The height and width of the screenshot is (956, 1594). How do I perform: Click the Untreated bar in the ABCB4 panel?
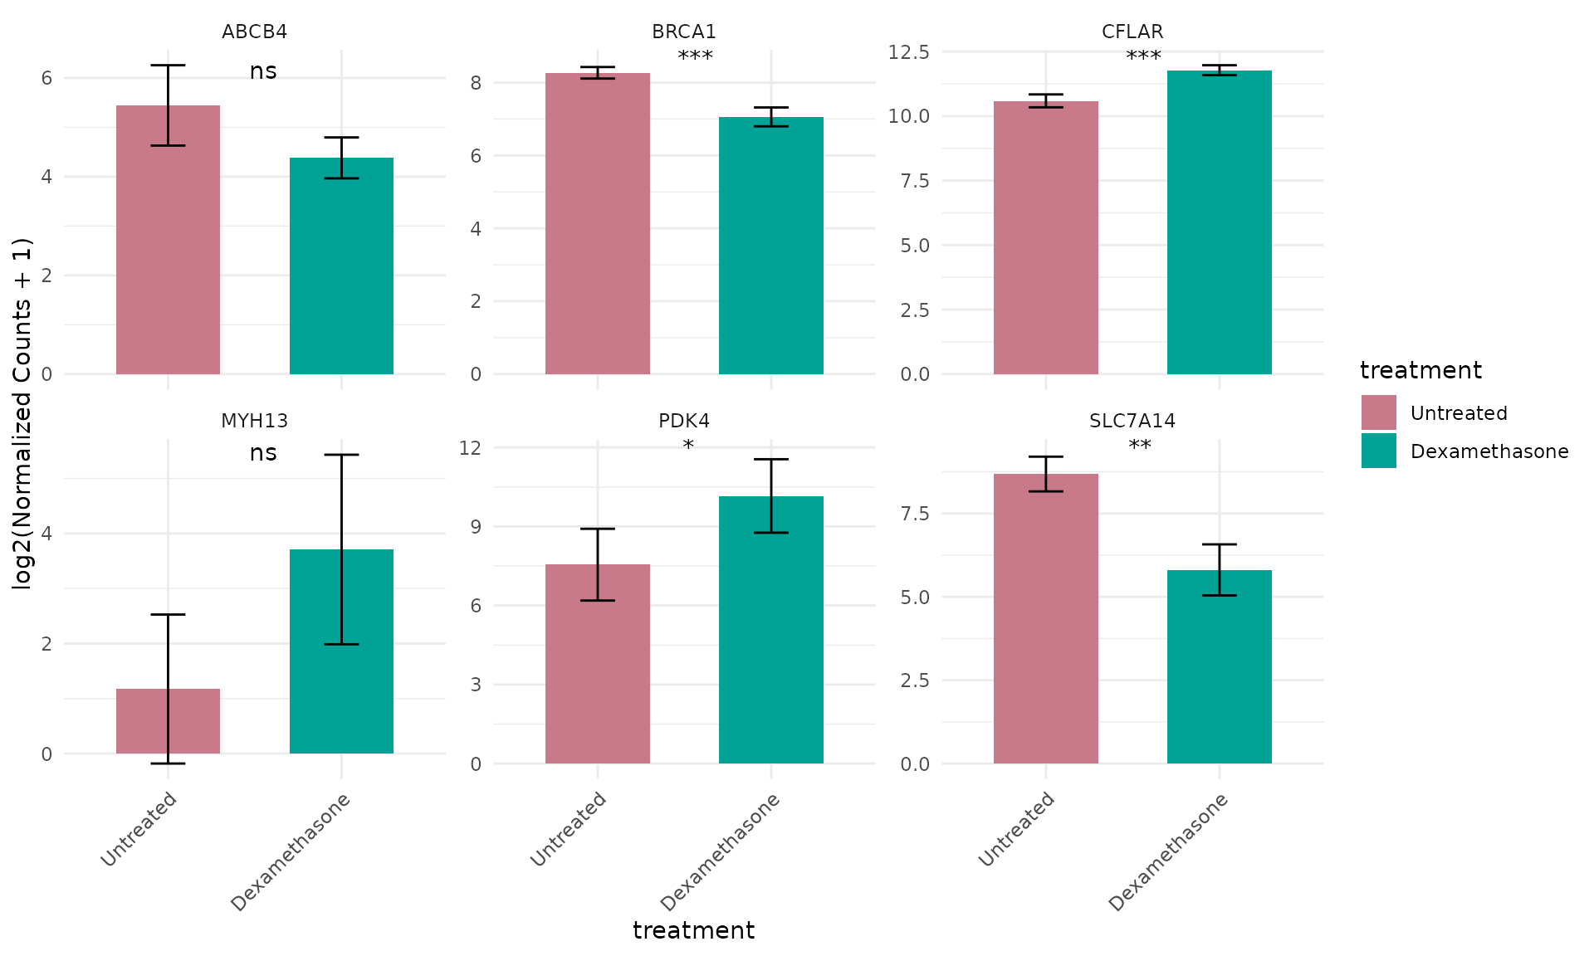168,241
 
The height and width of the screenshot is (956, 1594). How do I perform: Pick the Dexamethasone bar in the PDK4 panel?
770,631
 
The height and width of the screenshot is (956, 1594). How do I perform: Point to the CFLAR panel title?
1132,32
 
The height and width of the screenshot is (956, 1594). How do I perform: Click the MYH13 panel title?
254,421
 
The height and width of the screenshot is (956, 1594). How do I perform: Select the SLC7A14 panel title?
1132,421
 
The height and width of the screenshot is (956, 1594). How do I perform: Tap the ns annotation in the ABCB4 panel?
263,71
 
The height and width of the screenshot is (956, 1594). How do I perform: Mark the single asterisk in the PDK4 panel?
688,446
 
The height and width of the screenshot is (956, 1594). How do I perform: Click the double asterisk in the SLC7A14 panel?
1140,446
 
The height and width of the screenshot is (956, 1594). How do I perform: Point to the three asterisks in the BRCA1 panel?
695,57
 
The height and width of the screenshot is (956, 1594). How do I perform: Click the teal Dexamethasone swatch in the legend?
1378,451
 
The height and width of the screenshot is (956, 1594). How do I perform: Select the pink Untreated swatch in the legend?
1378,412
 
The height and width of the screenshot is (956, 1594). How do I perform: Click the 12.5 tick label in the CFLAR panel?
908,52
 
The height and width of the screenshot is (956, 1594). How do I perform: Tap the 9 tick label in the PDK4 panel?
475,526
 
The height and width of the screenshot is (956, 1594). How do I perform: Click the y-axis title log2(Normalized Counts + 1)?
22,413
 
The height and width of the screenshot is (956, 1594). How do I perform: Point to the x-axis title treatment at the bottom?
693,930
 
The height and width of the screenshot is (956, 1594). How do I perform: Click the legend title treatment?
1420,370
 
